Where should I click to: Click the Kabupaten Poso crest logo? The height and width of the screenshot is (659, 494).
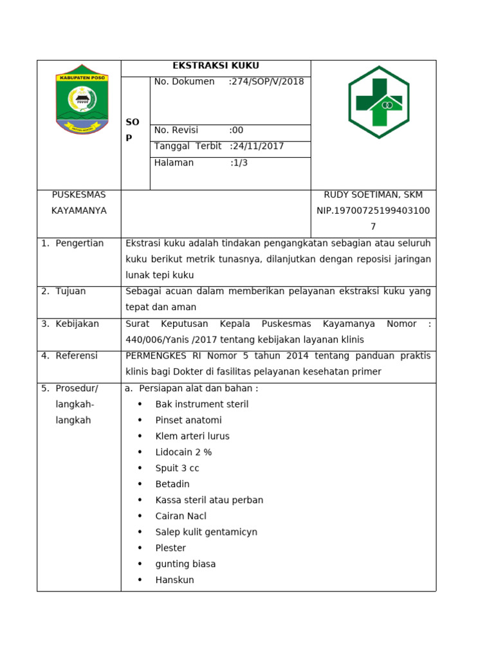(82, 99)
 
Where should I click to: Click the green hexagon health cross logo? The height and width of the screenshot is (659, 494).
(379, 102)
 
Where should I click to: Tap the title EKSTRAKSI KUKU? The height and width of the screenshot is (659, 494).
(215, 66)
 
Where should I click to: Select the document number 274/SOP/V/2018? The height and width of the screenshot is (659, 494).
(267, 82)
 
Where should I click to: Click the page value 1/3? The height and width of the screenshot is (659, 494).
(239, 163)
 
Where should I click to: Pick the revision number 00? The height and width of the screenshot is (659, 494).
(237, 130)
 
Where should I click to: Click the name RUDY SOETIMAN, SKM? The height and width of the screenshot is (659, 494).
(373, 194)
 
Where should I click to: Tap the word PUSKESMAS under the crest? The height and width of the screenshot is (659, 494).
(78, 194)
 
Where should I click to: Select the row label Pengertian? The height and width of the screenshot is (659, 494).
(79, 243)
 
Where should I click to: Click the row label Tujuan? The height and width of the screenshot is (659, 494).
(70, 292)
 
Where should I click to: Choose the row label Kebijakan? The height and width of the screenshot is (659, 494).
(77, 324)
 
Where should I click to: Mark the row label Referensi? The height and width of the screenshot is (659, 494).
(77, 356)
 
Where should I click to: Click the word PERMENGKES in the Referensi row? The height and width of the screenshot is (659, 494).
(156, 356)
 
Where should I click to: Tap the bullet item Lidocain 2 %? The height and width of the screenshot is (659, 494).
(183, 452)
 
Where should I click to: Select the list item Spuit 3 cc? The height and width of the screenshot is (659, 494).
(177, 469)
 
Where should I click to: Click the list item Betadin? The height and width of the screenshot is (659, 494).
(172, 484)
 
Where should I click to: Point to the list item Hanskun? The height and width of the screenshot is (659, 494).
(174, 580)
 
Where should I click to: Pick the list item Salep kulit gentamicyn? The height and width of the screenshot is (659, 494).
(206, 532)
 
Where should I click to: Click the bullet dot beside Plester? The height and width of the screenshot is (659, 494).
(140, 548)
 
